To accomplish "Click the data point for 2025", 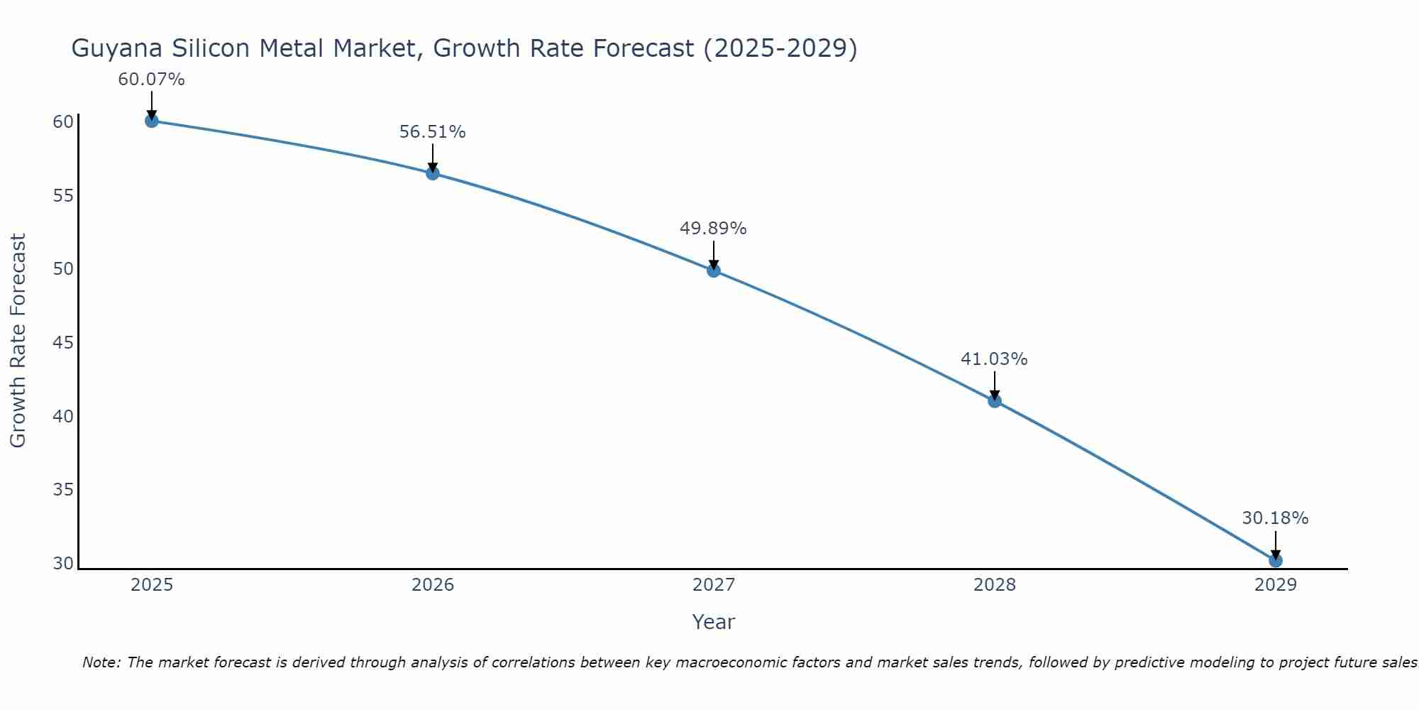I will (151, 121).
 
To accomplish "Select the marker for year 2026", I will (433, 173).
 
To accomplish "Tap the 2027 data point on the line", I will (714, 271).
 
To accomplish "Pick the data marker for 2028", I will (995, 401).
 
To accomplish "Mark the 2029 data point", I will (1276, 561).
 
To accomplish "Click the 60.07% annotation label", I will (151, 80).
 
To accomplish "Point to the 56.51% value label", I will (432, 132).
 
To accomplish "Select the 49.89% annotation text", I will (713, 229).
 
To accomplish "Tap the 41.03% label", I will (994, 359).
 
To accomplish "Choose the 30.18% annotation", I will (1275, 518).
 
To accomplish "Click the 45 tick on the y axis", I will (63, 343).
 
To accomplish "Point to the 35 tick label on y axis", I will (63, 490).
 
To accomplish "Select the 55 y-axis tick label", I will (63, 196).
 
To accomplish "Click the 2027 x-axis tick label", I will (714, 585).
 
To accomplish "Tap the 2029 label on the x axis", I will (1276, 585).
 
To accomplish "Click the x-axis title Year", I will (714, 622).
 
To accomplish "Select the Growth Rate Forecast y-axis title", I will (18, 341).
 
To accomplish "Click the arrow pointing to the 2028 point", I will (995, 385).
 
